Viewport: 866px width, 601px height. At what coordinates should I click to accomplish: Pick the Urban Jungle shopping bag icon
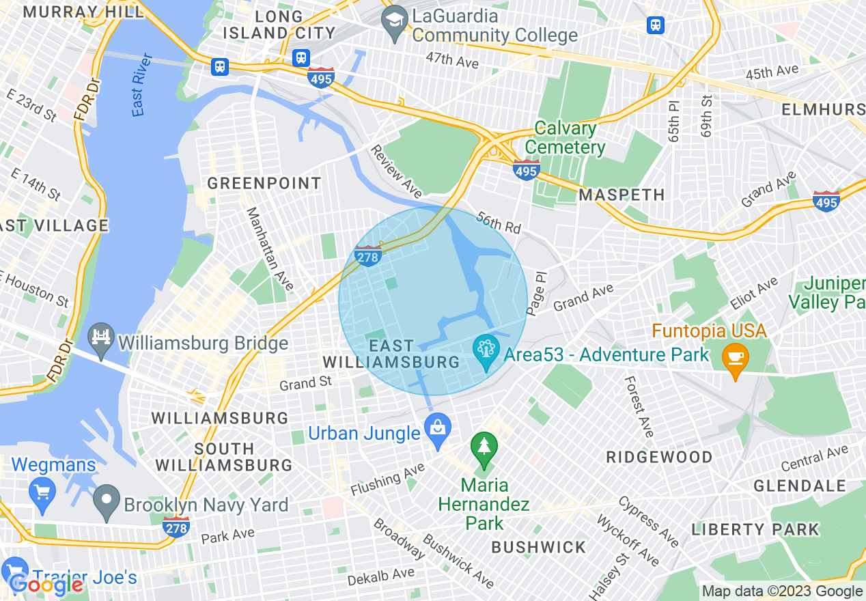pyautogui.click(x=437, y=428)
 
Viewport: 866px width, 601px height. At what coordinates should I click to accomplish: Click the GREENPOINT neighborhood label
pyautogui.click(x=264, y=183)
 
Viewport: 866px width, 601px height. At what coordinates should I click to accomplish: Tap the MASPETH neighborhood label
pyautogui.click(x=621, y=195)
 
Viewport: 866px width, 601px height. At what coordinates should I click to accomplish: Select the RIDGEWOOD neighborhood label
pyautogui.click(x=660, y=457)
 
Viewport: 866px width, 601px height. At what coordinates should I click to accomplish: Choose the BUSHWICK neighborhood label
pyautogui.click(x=539, y=547)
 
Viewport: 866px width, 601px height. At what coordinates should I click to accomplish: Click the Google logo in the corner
pyautogui.click(x=46, y=584)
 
